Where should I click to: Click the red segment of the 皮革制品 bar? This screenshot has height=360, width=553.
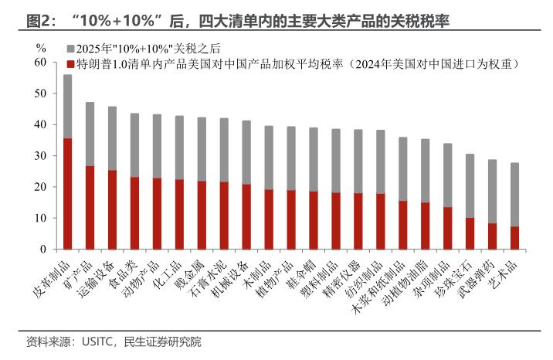click(x=68, y=194)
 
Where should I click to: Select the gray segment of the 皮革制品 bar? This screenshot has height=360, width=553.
click(x=68, y=107)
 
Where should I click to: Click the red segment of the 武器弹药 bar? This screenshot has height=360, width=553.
click(x=491, y=236)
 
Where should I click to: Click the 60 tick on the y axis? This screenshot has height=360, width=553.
click(x=41, y=62)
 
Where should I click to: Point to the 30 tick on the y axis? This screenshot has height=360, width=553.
click(x=41, y=156)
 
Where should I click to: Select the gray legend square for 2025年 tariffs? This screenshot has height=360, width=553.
click(x=70, y=48)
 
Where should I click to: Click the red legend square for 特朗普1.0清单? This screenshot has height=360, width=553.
click(x=70, y=63)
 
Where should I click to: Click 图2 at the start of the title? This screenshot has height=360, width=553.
click(x=36, y=20)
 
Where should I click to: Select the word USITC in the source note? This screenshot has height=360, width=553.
click(x=94, y=341)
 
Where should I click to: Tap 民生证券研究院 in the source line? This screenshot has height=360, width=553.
click(x=163, y=341)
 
